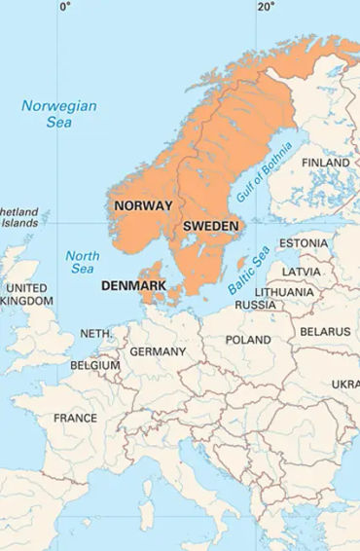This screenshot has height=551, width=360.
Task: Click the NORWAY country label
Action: click(143, 205)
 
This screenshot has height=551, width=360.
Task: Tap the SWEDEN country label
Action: click(210, 226)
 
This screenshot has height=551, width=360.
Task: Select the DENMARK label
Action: click(133, 286)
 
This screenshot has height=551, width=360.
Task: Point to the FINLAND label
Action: click(326, 163)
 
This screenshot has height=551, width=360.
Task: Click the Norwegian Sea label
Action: click(59, 115)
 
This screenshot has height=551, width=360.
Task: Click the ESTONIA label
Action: click(304, 243)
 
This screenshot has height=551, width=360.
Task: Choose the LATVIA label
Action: click(302, 271)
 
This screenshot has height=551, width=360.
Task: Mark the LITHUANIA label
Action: click(284, 292)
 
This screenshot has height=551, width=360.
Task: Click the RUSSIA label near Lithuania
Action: click(255, 305)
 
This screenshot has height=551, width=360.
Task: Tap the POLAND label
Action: click(248, 340)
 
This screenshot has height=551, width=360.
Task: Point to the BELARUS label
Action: click(324, 332)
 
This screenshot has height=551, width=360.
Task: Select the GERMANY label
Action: click(157, 351)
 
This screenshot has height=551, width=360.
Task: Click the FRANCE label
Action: click(75, 419)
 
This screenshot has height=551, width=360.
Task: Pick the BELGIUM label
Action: click(94, 365)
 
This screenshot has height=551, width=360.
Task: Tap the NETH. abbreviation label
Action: click(95, 333)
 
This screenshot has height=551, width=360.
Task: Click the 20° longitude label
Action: click(266, 7)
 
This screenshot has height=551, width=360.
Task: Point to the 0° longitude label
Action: click(65, 7)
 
